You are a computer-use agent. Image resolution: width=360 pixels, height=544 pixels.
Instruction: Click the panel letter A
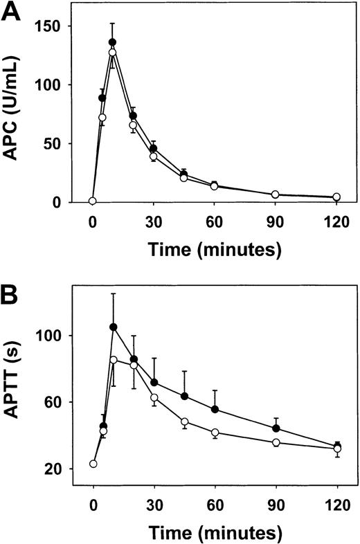12,12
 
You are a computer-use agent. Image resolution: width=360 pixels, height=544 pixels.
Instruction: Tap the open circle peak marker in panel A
112,53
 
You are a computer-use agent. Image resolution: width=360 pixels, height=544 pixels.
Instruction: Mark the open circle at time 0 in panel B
93,464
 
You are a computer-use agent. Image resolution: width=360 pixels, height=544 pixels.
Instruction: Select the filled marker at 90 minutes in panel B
276,428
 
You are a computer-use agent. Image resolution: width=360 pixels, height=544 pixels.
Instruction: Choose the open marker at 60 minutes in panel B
215,433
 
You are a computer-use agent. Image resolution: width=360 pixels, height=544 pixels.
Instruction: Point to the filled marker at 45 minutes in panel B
185,397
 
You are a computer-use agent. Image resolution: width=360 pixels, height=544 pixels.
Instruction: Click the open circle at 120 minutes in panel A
337,197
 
